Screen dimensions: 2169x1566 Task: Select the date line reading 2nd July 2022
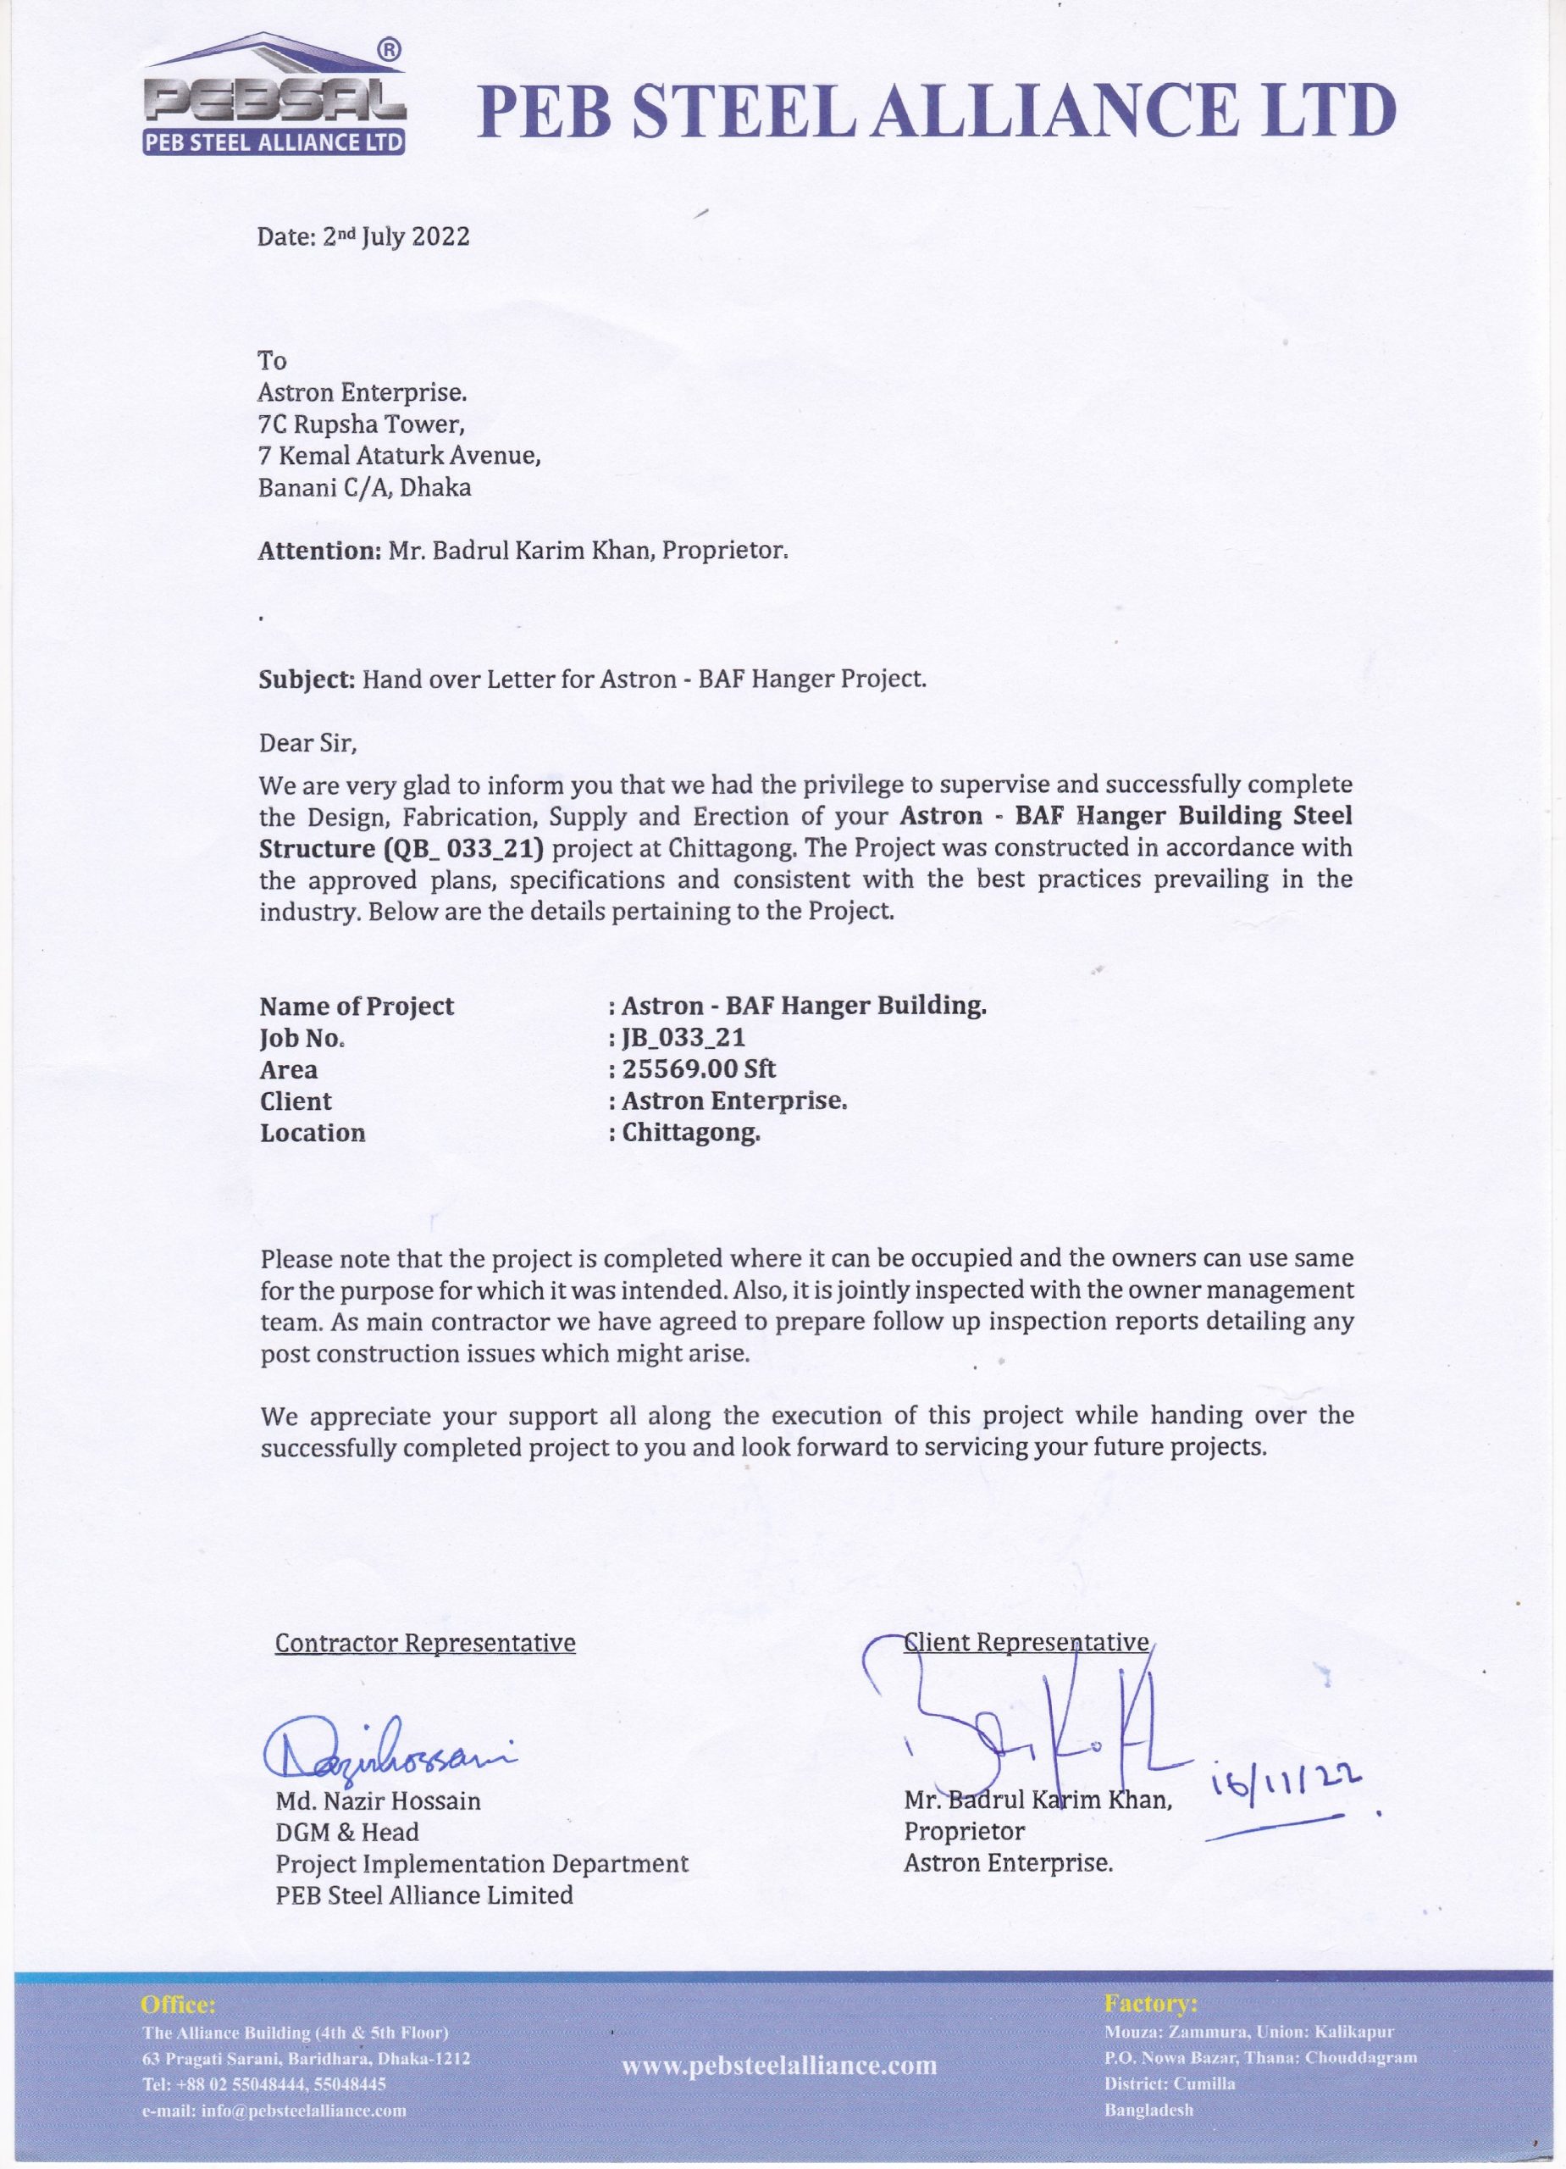click(x=363, y=236)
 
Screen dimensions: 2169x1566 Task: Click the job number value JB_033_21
click(x=683, y=1038)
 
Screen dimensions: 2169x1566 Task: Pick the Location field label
click(x=313, y=1134)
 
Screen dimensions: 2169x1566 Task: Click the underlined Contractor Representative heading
click(x=425, y=1643)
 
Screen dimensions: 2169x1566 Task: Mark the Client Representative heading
click(x=1026, y=1642)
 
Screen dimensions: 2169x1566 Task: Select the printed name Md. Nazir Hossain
click(x=378, y=1802)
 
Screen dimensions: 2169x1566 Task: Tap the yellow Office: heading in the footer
click(x=178, y=2005)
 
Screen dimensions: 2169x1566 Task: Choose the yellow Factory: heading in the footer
click(x=1150, y=2004)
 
